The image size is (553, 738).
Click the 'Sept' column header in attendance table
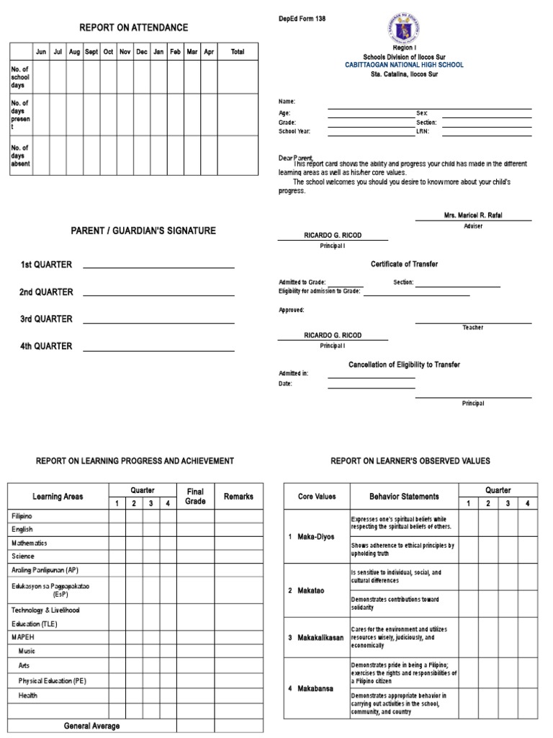91,52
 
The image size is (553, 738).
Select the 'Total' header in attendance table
237,52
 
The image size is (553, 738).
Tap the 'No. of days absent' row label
20,155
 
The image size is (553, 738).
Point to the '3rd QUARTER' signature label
46,319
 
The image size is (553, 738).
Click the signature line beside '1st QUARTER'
158,267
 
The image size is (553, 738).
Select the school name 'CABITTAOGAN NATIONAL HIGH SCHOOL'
404,65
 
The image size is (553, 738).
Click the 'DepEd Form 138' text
302,19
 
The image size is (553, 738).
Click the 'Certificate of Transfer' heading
404,264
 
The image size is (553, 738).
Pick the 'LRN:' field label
422,132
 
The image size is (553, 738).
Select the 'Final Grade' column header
195,496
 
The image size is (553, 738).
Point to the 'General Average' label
92,726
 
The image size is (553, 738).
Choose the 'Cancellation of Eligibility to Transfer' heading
404,365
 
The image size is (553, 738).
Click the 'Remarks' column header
238,496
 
